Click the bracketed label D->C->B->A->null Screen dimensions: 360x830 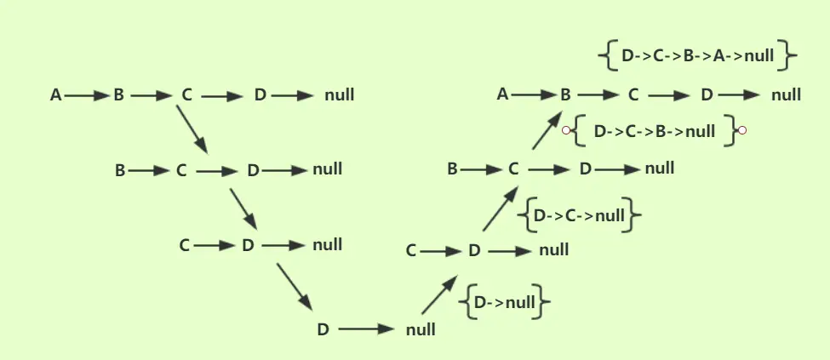[x=697, y=57]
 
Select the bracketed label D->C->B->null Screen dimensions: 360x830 [x=653, y=131]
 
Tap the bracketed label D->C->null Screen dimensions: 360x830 [x=579, y=215]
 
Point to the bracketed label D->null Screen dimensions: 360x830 [x=505, y=302]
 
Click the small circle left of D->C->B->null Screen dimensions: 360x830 [x=564, y=130]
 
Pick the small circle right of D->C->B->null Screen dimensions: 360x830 [x=742, y=130]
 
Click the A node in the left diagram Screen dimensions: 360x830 [x=56, y=95]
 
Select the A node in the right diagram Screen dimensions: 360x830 [x=502, y=94]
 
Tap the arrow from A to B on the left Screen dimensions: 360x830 [x=85, y=95]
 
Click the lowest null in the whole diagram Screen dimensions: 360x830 [x=421, y=329]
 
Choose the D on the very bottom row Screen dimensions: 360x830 [x=323, y=329]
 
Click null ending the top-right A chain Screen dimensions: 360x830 [x=786, y=94]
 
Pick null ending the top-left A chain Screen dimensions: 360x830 [x=339, y=95]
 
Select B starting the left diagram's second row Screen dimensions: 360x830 [x=120, y=170]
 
